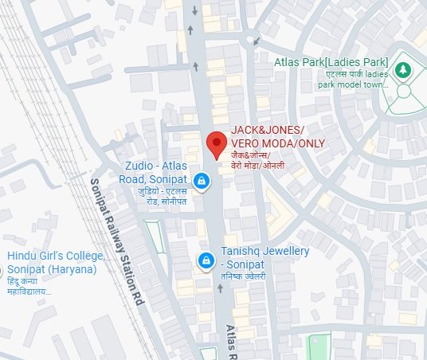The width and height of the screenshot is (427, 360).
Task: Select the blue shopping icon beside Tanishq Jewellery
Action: pyautogui.click(x=206, y=260)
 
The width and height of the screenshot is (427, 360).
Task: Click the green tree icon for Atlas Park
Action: pyautogui.click(x=404, y=71)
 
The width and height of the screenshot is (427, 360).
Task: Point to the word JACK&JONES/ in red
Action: pyautogui.click(x=268, y=130)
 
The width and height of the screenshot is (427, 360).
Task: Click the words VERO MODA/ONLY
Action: pyautogui.click(x=278, y=143)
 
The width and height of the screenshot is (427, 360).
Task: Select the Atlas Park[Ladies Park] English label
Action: pyautogui.click(x=331, y=61)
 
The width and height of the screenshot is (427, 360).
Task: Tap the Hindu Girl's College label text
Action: pyautogui.click(x=56, y=256)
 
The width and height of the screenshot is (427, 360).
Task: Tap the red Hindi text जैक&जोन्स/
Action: pyautogui.click(x=250, y=155)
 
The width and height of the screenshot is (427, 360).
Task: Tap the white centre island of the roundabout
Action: pyautogui.click(x=252, y=37)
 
